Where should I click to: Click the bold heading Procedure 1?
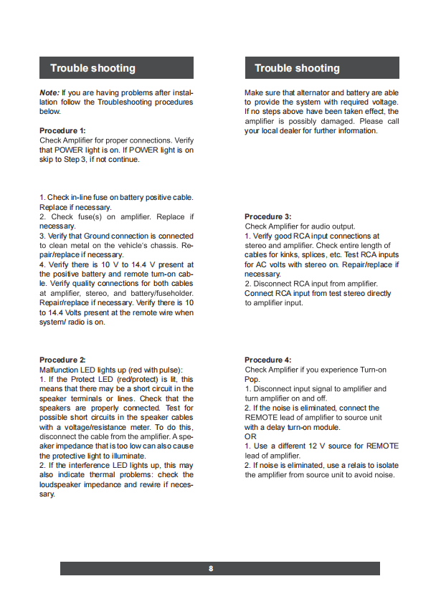point(62,131)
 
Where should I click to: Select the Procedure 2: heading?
point(62,360)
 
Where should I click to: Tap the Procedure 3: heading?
point(268,217)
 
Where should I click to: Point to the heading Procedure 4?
point(268,360)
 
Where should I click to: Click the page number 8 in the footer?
point(211,569)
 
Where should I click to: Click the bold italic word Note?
point(49,93)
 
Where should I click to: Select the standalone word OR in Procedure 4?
point(250,436)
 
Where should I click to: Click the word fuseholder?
point(171,293)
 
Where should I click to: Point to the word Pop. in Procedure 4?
point(252,379)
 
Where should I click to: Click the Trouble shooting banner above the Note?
point(116,68)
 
